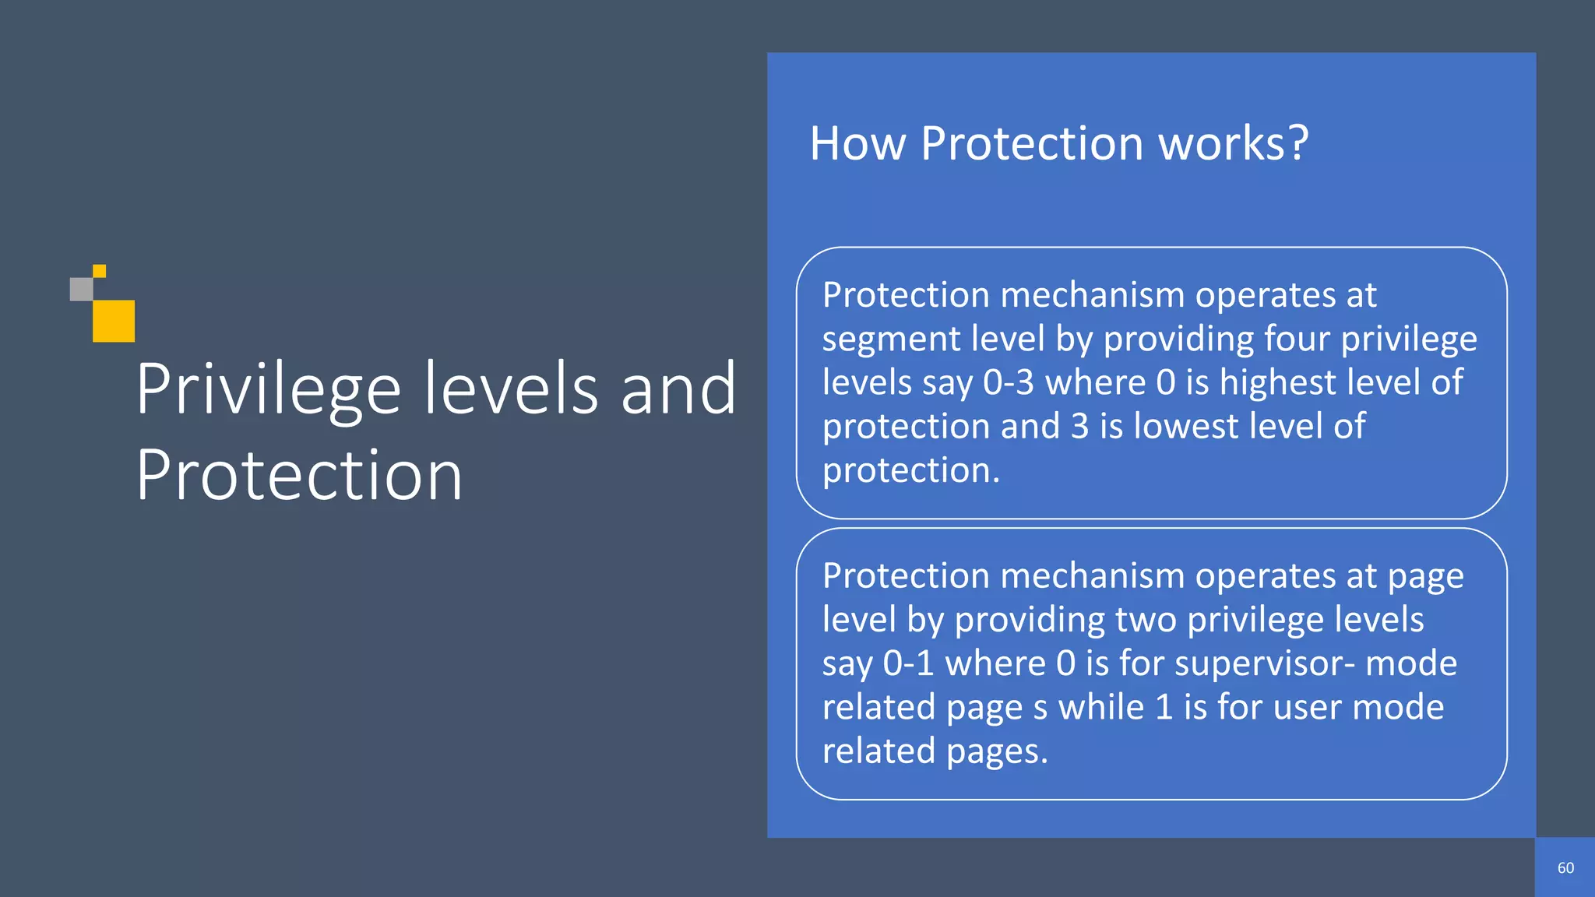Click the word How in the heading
click(857, 144)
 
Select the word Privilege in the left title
click(268, 389)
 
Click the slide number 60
click(1565, 868)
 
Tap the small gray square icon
click(81, 289)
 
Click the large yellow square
click(114, 321)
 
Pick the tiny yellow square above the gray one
click(100, 271)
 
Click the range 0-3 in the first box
click(1008, 382)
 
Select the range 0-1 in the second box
click(908, 663)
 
